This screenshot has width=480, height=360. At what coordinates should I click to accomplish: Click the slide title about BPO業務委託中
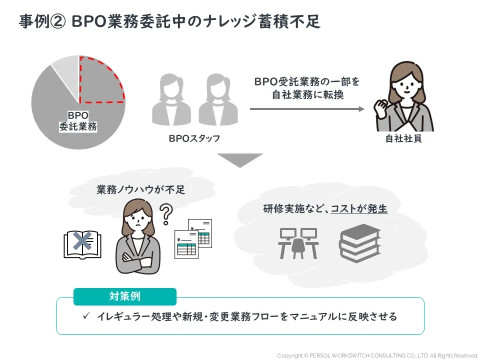pos(170,22)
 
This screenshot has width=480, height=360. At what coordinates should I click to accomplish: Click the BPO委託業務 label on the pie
pos(78,121)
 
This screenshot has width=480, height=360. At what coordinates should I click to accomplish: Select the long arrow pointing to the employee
pos(307,108)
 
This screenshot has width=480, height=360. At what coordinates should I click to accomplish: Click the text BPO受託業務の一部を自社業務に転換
pos(307,87)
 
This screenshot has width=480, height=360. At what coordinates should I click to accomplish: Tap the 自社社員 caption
pos(403,138)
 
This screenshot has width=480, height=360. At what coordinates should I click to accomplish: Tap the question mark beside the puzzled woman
pos(165,214)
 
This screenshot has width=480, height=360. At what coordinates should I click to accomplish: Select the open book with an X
pos(82,244)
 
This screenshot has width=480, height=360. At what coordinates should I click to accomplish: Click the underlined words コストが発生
pos(359,209)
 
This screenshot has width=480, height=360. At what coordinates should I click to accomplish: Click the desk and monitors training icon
pos(298,243)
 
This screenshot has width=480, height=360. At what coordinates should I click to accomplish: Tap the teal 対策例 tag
pos(125,296)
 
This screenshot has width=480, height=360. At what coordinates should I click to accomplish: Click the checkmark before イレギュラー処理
pos(86,316)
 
